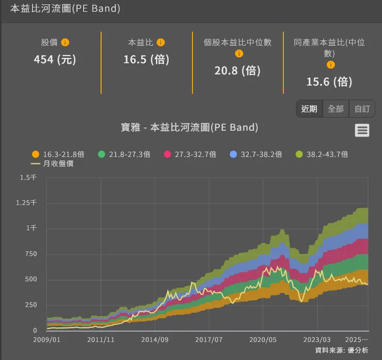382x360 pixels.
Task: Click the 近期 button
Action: tap(309, 109)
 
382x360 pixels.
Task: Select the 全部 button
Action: tap(336, 109)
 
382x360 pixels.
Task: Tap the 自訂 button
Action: tap(362, 109)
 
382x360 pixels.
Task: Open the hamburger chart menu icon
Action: tap(362, 130)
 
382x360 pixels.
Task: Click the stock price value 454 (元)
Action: tap(55, 59)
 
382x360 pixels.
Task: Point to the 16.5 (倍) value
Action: tap(146, 59)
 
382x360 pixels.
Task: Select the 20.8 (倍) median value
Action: tap(237, 71)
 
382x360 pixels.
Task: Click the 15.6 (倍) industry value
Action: tap(329, 81)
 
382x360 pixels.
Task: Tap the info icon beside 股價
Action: tap(65, 43)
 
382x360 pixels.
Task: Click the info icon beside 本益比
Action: tap(161, 43)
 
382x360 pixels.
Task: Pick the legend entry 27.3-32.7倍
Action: tap(190, 154)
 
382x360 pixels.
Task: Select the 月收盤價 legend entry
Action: tap(52, 163)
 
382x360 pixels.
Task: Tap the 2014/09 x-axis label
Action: tap(154, 340)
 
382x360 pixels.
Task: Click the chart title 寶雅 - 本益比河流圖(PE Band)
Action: tap(189, 127)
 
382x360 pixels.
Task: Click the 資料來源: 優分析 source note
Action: tap(341, 350)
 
